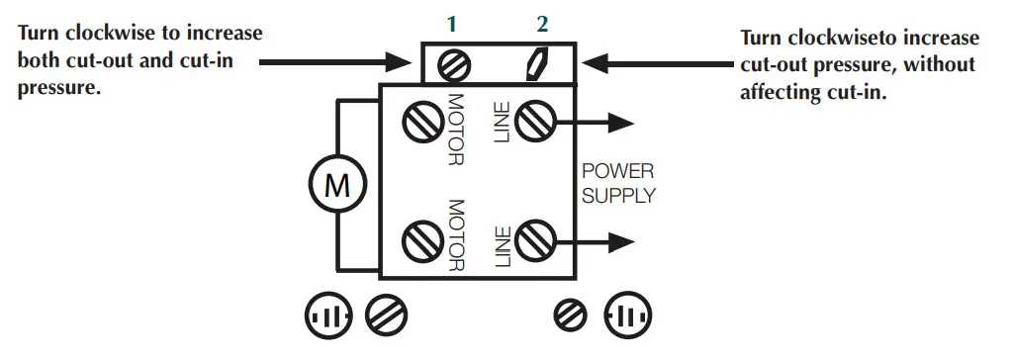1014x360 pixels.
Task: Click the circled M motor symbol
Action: (338, 185)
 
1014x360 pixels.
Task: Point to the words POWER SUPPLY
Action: (618, 183)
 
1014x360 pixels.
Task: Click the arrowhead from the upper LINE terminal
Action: (620, 123)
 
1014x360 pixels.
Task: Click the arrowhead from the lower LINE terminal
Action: (620, 240)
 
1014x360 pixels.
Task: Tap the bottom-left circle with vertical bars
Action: (327, 317)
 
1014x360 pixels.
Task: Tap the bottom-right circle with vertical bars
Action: (629, 317)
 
